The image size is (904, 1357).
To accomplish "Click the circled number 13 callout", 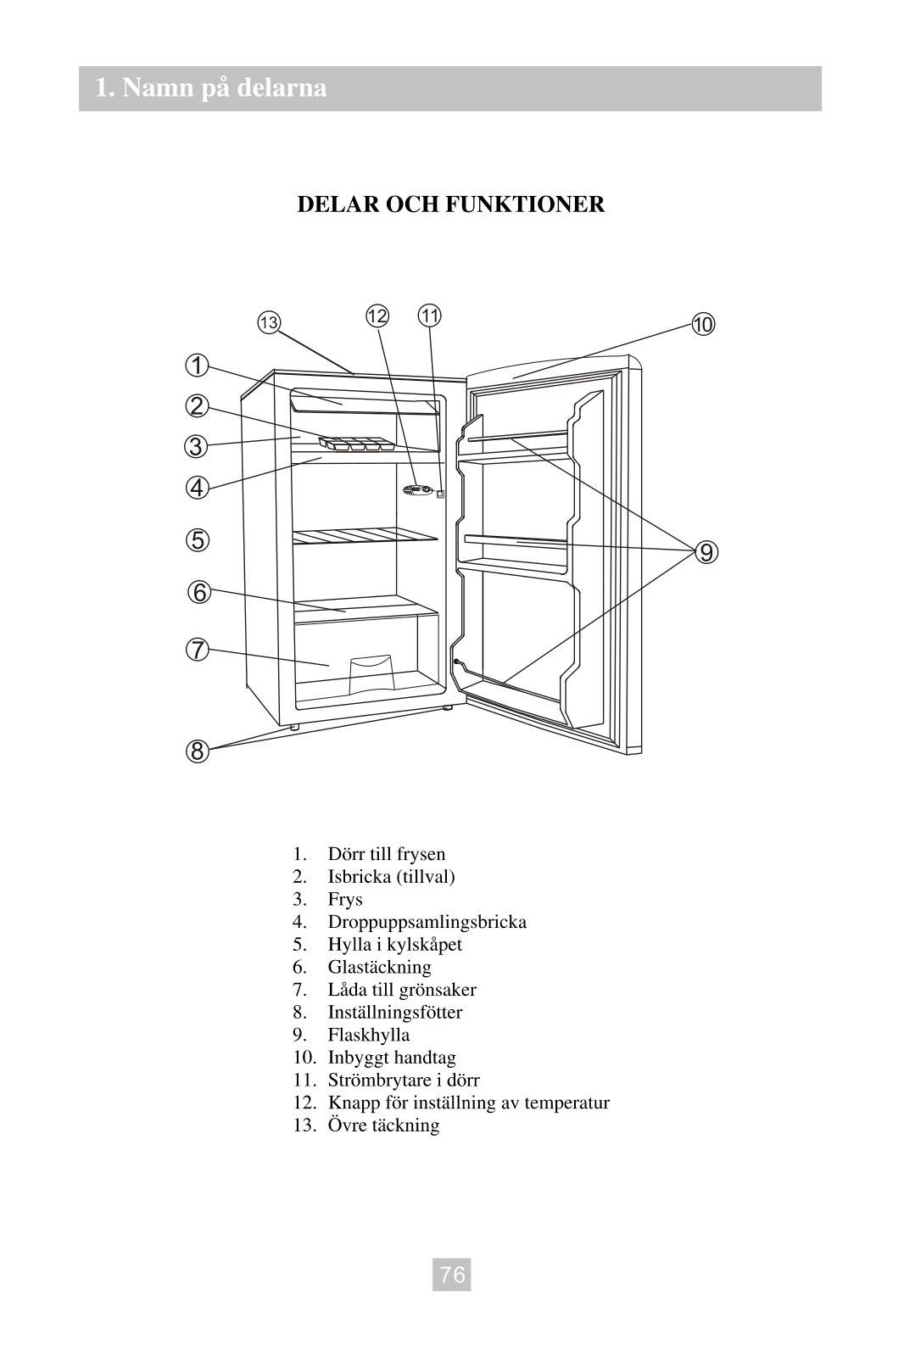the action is (x=269, y=322).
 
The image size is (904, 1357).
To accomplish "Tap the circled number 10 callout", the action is (x=704, y=324).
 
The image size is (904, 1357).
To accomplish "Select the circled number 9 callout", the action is (x=706, y=552).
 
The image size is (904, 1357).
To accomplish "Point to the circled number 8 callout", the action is (x=197, y=751).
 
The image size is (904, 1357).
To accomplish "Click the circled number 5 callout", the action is (x=198, y=539).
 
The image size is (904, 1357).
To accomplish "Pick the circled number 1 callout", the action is (x=197, y=366).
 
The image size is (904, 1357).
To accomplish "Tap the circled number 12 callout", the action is (x=377, y=316).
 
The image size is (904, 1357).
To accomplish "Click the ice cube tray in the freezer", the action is (x=357, y=444).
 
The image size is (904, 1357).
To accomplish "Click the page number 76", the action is (x=452, y=1275).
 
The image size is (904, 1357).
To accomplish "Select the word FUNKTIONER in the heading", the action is (x=525, y=204).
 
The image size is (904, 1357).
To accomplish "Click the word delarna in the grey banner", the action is (x=282, y=88).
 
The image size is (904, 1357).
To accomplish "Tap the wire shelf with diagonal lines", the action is (x=365, y=536).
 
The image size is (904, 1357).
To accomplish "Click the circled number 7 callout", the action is (x=197, y=650).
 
